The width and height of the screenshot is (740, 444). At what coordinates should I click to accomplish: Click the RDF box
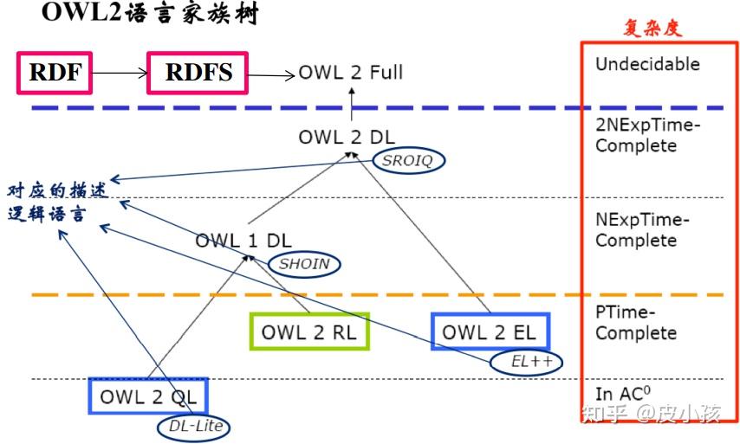(54, 74)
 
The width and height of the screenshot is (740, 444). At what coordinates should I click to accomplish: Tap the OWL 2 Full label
(351, 73)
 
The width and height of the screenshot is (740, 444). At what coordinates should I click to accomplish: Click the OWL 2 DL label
(346, 137)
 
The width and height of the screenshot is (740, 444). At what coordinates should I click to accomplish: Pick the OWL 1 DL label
(243, 241)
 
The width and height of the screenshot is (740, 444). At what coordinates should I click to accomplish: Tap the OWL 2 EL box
(490, 332)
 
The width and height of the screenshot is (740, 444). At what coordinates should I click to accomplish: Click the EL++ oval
(526, 362)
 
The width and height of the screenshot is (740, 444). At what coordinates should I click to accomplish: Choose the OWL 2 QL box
(147, 397)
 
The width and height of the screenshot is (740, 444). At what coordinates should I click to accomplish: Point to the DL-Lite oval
(195, 425)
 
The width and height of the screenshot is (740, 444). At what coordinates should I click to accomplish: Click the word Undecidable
(647, 64)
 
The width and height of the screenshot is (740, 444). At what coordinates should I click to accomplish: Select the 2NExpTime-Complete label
(647, 136)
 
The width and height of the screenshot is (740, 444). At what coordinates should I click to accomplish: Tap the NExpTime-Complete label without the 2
(642, 230)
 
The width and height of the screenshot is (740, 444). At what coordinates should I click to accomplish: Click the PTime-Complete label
(635, 324)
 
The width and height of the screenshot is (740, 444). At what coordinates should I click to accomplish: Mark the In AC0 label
(622, 394)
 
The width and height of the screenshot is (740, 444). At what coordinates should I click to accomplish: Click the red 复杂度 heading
(652, 28)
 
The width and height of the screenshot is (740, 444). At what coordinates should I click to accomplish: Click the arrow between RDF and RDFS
(119, 74)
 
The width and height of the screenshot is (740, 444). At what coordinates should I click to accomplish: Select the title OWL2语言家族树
(148, 15)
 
